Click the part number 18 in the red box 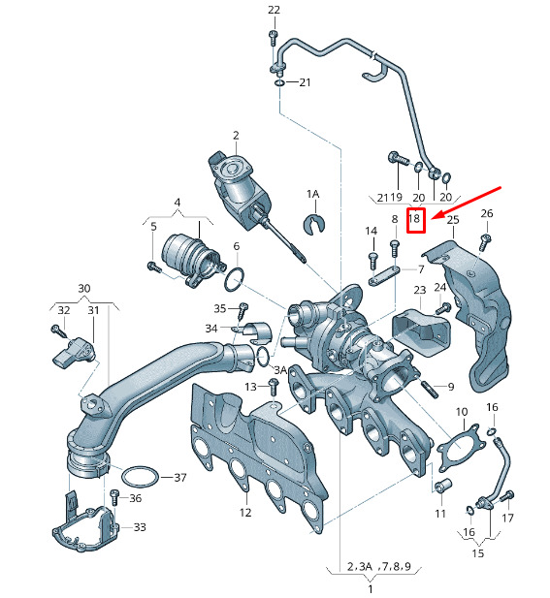pos(414,218)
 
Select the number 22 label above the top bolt pos(274,10)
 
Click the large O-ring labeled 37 pos(140,476)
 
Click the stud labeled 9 pos(431,389)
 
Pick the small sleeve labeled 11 pos(443,486)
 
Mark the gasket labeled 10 pos(461,447)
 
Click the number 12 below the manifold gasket pos(245,513)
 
